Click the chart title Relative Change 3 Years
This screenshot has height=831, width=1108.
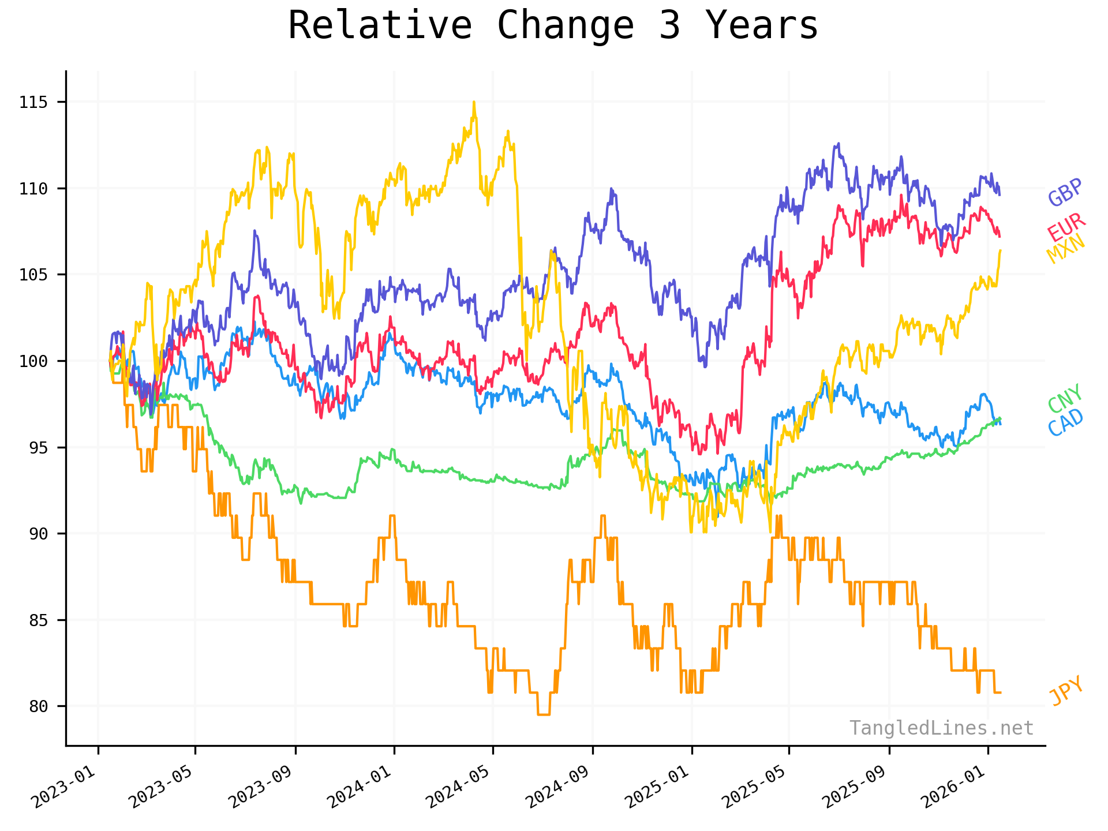coord(553,26)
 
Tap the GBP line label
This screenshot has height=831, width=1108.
coord(1065,193)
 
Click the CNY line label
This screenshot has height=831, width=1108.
coord(1065,398)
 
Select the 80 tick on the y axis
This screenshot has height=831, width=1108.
coord(38,706)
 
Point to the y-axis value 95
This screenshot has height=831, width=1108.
coord(38,448)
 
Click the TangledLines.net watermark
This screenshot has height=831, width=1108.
coord(941,728)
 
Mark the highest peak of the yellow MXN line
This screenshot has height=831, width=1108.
coord(474,102)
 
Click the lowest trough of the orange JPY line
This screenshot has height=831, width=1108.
coord(543,714)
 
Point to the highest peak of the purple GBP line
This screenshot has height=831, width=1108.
coord(837,144)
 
